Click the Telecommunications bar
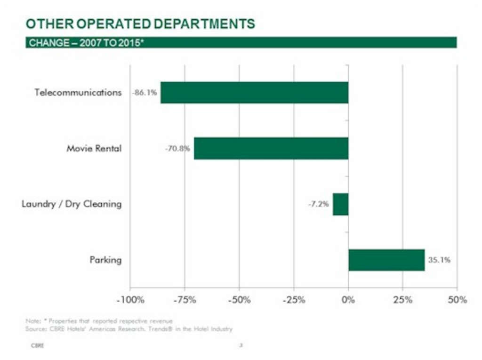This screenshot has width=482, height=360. [x=254, y=93]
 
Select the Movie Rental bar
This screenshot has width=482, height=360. [x=271, y=148]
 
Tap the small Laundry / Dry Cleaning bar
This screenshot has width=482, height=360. [x=340, y=204]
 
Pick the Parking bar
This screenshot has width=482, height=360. [x=386, y=260]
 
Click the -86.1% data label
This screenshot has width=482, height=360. [x=144, y=93]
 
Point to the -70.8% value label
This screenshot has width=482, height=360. [x=177, y=149]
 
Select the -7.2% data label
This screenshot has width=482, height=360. [x=319, y=204]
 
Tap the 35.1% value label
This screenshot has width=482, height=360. [x=439, y=260]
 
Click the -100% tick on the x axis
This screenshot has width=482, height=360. [x=130, y=300]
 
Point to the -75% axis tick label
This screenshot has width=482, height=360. [x=185, y=300]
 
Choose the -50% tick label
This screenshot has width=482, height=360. [x=239, y=300]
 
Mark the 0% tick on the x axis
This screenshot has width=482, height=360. [x=348, y=300]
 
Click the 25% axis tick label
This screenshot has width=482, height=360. [x=403, y=300]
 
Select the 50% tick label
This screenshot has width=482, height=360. [x=457, y=300]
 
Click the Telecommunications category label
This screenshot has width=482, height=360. [x=78, y=92]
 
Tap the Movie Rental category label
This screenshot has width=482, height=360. [x=94, y=149]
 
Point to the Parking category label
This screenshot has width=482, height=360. [x=105, y=260]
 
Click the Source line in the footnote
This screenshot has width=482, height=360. [x=129, y=329]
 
